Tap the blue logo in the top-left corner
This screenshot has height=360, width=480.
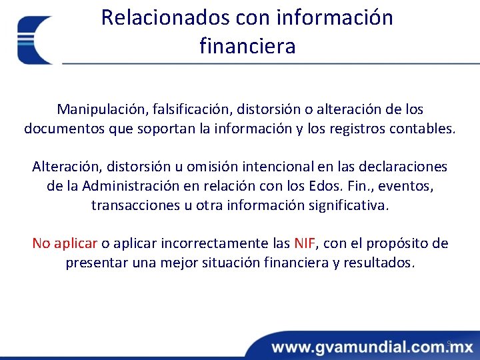coord(35,40)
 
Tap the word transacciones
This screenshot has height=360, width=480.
coord(135,205)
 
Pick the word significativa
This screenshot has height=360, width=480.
coord(347,205)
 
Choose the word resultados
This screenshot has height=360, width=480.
coord(379,263)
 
